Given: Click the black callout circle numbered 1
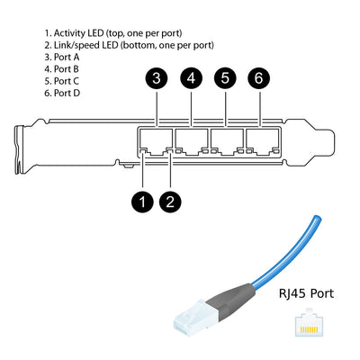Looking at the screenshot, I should pos(142,201).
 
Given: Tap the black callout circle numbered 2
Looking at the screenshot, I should pos(171,201).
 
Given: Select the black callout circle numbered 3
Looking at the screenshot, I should pos(157,78).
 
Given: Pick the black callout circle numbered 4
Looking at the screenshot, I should pos(192,78).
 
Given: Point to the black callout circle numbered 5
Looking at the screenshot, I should pos(226,78).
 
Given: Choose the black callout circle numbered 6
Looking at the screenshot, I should pos(259,78).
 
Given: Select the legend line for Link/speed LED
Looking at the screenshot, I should pos(129,44).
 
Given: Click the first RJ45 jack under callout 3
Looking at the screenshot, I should pos(157,141).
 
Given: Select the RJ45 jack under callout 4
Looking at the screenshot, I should pos(192,141).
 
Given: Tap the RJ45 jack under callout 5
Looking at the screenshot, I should pos(226,141).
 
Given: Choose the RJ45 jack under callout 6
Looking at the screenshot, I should pos(260,141).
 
